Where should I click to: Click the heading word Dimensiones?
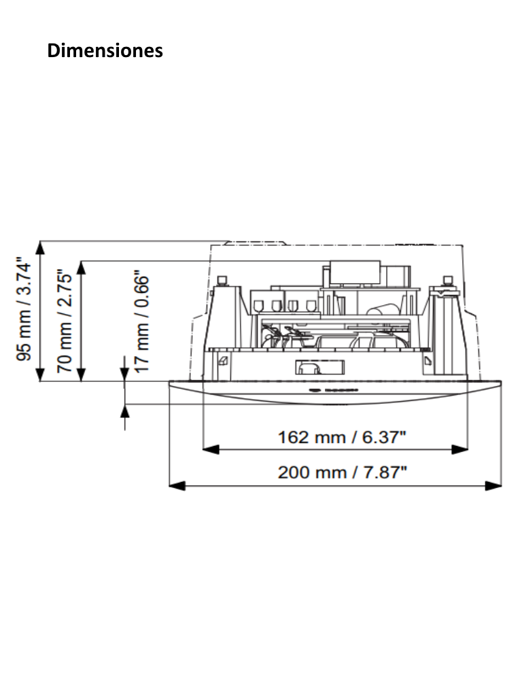tap(105, 50)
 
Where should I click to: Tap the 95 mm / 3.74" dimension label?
tap(24, 309)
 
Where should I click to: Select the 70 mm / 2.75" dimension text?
tap(64, 321)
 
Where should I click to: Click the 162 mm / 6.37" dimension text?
tap(342, 437)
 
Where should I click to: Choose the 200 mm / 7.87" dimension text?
tap(343, 472)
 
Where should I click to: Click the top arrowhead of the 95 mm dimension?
tap(40, 248)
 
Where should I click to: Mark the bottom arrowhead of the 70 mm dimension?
tap(82, 375)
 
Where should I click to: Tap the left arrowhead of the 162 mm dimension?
tap(211, 450)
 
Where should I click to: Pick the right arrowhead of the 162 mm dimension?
tap(459, 450)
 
